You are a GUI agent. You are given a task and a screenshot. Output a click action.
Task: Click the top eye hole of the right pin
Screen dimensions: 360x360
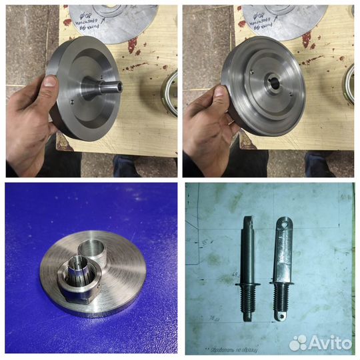(x=287, y=226)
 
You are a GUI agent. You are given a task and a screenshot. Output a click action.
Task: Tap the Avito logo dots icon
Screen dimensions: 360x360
(x=298, y=343)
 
